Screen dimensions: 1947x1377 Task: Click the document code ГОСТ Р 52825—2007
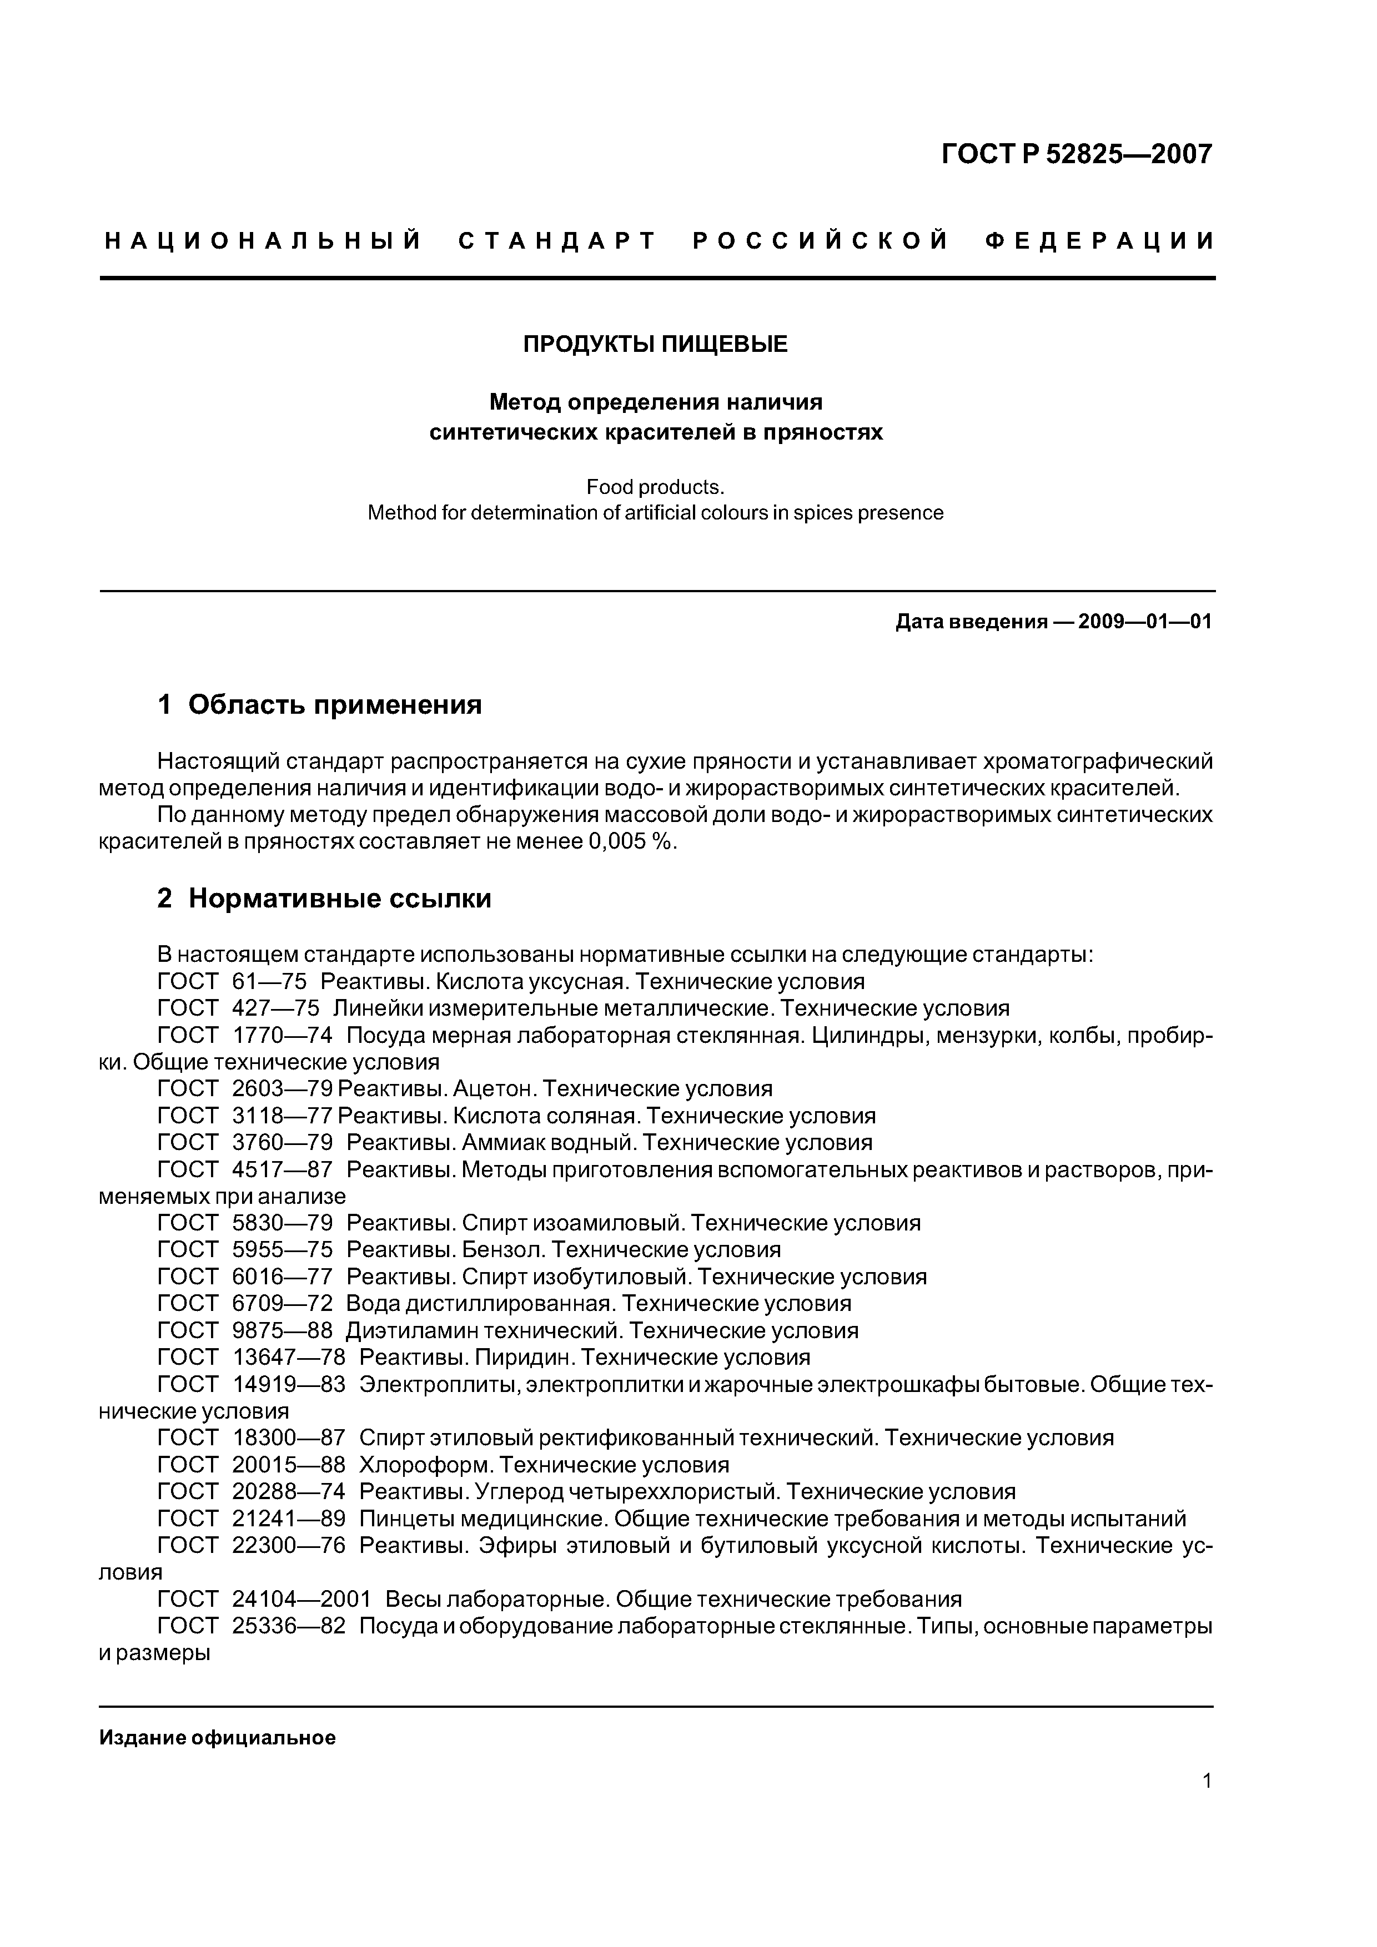click(1077, 154)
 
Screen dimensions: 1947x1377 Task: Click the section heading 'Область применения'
click(335, 705)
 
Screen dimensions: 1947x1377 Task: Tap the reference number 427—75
click(276, 1008)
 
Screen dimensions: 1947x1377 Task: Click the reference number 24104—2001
click(301, 1600)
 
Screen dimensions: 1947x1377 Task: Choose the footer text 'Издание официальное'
click(218, 1738)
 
